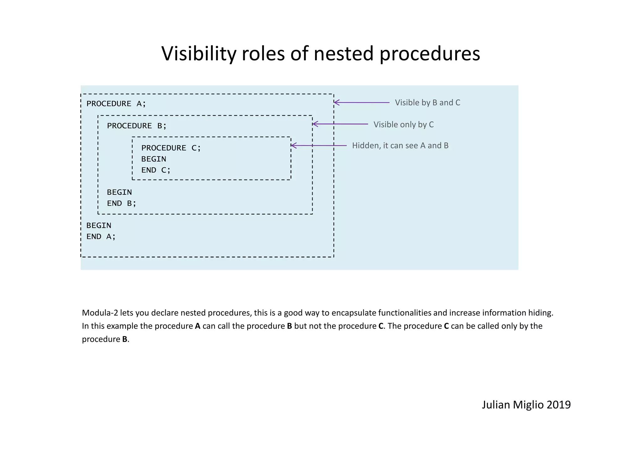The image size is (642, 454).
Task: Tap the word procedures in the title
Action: click(429, 54)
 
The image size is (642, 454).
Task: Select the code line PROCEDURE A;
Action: click(116, 104)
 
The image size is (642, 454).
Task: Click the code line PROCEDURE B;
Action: click(137, 126)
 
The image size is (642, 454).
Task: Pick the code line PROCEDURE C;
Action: click(171, 148)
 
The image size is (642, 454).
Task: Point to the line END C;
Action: click(156, 170)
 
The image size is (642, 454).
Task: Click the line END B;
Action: click(122, 203)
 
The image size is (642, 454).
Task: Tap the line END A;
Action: click(101, 237)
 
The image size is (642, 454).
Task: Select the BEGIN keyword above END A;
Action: click(99, 226)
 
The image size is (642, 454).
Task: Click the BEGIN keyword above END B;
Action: click(119, 193)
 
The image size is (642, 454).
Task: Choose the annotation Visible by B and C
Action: click(427, 103)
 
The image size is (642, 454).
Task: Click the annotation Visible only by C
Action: click(403, 125)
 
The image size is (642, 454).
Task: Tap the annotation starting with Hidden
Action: click(400, 146)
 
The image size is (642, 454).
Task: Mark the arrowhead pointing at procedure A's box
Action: click(336, 103)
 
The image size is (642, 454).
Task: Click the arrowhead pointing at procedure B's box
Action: click(315, 124)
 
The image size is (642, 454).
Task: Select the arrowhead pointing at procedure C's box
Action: click(293, 145)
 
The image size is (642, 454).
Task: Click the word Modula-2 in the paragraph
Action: click(100, 313)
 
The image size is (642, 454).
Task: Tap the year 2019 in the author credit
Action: click(558, 405)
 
